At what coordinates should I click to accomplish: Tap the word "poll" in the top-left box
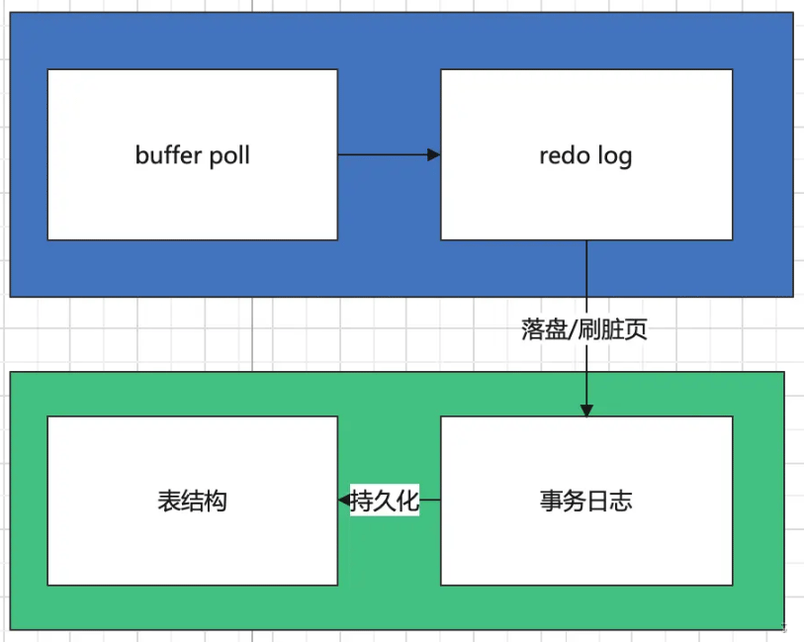pyautogui.click(x=227, y=155)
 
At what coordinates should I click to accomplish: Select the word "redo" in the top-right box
pyautogui.click(x=564, y=155)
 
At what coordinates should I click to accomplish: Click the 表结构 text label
pyautogui.click(x=193, y=501)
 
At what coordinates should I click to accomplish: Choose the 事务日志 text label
pyautogui.click(x=586, y=501)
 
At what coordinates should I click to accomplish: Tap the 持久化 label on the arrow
pyautogui.click(x=386, y=502)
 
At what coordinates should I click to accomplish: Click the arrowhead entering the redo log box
pyautogui.click(x=433, y=154)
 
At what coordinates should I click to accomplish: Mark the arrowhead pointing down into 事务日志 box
pyautogui.click(x=586, y=410)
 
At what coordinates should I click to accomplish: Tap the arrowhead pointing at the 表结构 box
pyautogui.click(x=344, y=501)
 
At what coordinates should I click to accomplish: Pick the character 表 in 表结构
pyautogui.click(x=169, y=501)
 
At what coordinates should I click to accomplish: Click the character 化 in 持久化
pyautogui.click(x=408, y=502)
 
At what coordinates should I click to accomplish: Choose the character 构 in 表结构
pyautogui.click(x=216, y=501)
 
